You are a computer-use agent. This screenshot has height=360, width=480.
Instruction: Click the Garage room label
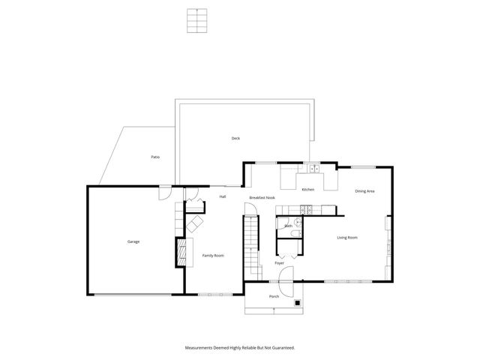pos(133,241)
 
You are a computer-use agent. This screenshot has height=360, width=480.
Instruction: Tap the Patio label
pos(155,157)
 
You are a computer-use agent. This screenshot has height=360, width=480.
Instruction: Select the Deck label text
pos(235,138)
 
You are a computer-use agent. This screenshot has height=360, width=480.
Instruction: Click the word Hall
pos(223,196)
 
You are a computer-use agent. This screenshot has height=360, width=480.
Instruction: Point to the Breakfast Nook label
pos(262,197)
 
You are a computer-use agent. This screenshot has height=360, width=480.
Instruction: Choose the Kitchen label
pos(307,190)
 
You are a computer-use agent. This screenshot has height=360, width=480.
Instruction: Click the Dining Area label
pos(364,191)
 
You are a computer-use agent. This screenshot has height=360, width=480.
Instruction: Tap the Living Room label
pos(346,237)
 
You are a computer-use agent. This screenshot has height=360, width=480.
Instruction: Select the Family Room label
pos(213,256)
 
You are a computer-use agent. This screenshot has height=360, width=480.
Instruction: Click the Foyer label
pos(279,263)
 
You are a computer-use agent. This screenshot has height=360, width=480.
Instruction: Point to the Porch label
pos(274,296)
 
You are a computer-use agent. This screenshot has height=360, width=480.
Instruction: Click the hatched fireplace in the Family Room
pos(180,251)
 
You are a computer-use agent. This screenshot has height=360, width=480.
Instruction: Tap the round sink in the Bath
pos(298,223)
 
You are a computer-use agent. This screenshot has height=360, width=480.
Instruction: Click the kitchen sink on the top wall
pos(310,169)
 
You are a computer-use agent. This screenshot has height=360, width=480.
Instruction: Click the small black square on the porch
pos(298,303)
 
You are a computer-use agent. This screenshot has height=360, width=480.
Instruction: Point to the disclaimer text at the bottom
pos(240,348)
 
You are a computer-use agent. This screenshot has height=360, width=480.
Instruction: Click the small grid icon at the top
pos(196,20)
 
